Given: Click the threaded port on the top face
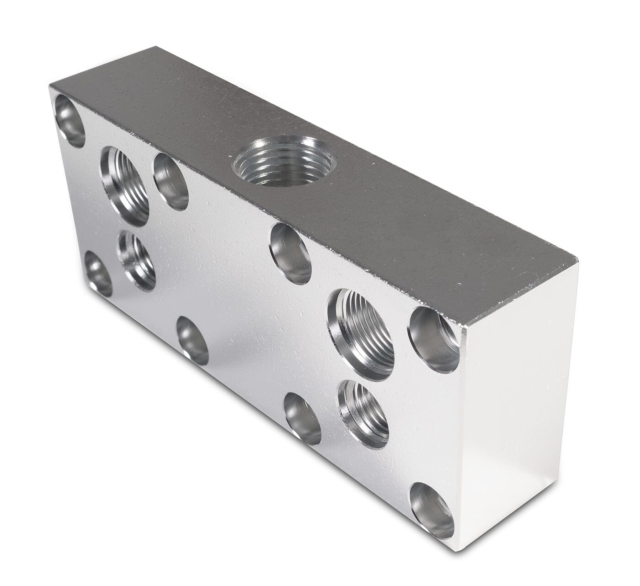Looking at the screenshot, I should click(285, 161).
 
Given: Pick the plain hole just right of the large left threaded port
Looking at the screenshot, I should click(171, 182).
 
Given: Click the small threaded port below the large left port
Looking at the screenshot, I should click(137, 260).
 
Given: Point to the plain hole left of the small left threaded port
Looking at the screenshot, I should click(98, 274).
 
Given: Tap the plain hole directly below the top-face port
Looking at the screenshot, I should click(291, 254).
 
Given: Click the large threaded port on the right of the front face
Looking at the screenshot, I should click(361, 334).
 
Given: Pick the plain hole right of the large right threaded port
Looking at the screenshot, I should click(434, 339).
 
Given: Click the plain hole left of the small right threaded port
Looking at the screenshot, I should click(303, 419).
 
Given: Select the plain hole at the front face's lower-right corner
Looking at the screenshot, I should click(432, 510).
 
